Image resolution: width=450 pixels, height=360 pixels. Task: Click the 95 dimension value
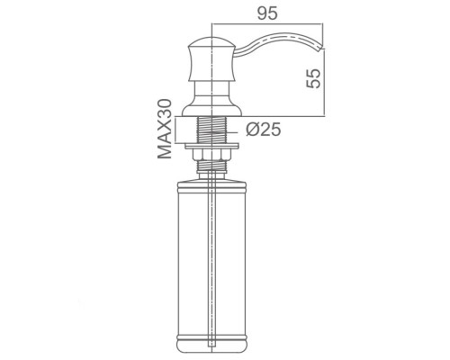[x=267, y=13]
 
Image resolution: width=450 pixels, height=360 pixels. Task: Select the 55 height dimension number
[x=313, y=78]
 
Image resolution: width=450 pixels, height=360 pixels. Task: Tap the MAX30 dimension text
[x=165, y=129]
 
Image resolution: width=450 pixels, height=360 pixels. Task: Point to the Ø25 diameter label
[x=264, y=130]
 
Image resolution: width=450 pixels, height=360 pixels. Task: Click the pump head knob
[x=212, y=59]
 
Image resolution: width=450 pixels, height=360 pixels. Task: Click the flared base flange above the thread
[x=212, y=110]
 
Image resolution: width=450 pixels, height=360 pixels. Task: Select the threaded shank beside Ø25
[x=212, y=129]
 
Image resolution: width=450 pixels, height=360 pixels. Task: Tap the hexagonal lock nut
[x=212, y=155]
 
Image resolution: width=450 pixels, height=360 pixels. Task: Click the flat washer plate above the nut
[x=212, y=146]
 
